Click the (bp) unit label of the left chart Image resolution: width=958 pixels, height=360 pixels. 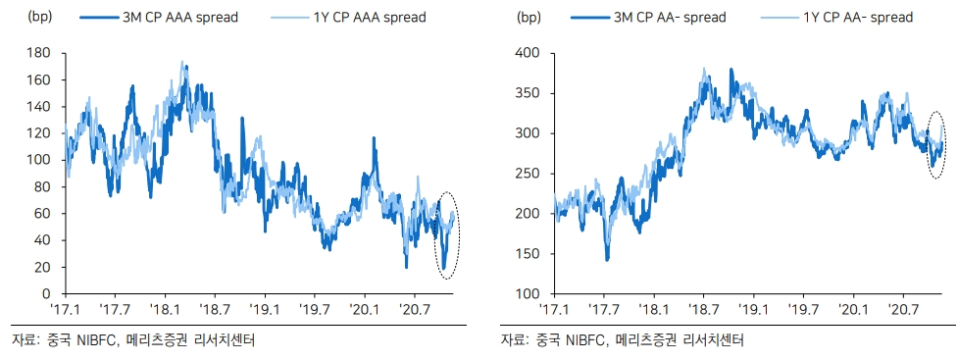tap(41, 17)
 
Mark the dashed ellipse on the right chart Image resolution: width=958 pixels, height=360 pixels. tap(935, 146)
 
